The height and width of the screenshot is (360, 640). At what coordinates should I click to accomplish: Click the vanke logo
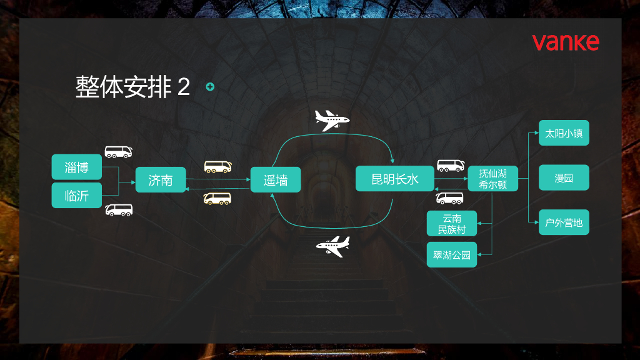[x=565, y=42]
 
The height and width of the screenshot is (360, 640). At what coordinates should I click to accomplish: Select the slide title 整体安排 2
[x=132, y=87]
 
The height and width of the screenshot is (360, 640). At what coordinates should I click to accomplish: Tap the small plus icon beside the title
[x=210, y=87]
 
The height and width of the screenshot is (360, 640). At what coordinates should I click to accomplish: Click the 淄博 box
[x=76, y=167]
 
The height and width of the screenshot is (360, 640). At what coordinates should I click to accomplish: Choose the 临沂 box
[x=76, y=196]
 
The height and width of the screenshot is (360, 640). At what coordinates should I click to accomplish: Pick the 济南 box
[x=161, y=181]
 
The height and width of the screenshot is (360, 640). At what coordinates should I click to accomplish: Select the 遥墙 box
[x=276, y=180]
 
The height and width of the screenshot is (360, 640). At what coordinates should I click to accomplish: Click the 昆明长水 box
[x=395, y=179]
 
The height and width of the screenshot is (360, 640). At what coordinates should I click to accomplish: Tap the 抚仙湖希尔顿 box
[x=492, y=179]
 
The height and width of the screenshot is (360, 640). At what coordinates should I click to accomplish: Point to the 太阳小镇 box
[x=564, y=133]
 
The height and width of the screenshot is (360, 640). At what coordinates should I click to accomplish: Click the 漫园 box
[x=564, y=178]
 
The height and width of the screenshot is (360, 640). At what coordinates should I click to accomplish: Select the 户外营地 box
[x=564, y=222]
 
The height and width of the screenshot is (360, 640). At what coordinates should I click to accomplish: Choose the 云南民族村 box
[x=452, y=224]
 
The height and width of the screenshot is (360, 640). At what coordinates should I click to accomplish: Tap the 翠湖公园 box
[x=452, y=255]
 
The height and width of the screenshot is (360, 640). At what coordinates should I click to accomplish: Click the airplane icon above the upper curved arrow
[x=331, y=120]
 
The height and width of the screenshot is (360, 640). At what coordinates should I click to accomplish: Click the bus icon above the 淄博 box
[x=118, y=152]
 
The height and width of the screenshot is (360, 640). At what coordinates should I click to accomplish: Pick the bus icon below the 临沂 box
[x=119, y=210]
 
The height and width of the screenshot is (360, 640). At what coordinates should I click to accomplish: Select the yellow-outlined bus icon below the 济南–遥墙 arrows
[x=217, y=199]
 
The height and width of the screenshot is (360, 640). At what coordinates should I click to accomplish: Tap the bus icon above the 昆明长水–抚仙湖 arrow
[x=450, y=166]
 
